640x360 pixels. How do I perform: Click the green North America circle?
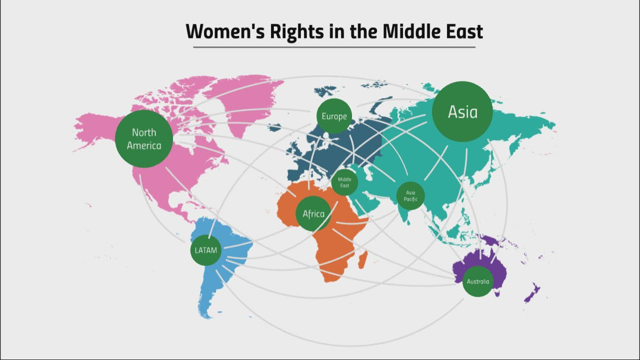coord(144,139)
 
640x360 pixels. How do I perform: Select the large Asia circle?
coord(462,111)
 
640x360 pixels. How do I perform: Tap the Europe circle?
coord(334,116)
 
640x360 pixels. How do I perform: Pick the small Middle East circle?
coord(344,182)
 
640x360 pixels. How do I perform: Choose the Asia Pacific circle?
coord(410,195)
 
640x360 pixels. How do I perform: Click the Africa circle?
coord(313,214)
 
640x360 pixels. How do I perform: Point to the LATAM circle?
coord(205,249)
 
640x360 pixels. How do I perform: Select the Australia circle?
coord(478,281)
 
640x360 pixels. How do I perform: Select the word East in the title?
coord(463,31)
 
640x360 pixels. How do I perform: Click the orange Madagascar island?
coord(363,260)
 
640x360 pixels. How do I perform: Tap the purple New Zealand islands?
coord(532,293)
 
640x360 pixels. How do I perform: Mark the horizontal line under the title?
coord(334,47)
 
